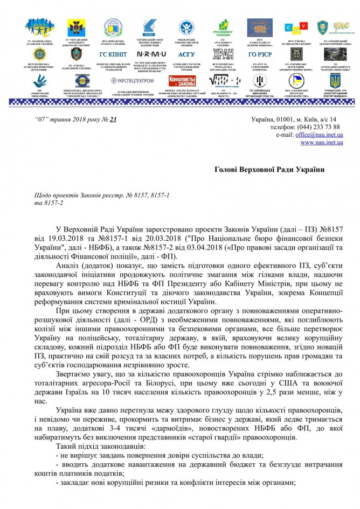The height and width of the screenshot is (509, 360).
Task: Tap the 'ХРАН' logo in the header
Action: [x=223, y=55]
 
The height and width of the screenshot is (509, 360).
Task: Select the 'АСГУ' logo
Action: [x=186, y=55]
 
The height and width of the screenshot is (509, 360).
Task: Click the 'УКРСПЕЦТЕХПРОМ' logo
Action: [x=132, y=81]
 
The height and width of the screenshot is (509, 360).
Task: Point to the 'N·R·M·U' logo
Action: [x=147, y=55]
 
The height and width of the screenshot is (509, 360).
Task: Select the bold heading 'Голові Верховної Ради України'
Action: [x=266, y=170]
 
